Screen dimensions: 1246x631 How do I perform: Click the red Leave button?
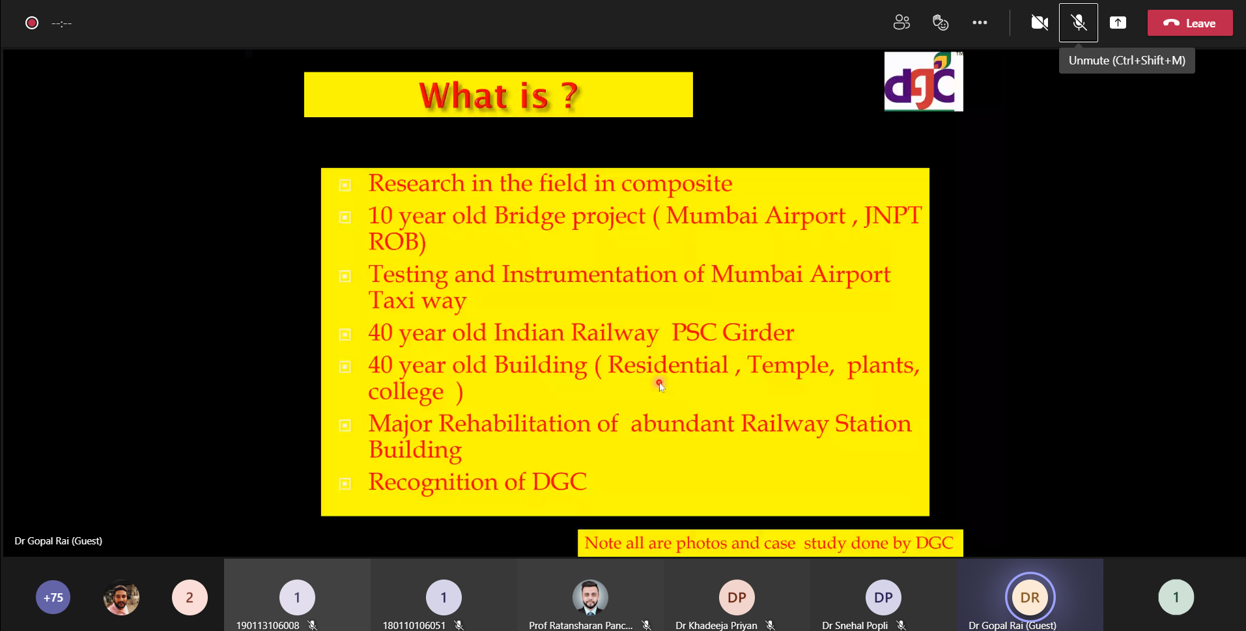point(1189,23)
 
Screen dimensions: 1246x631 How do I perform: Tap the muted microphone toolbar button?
point(1079,23)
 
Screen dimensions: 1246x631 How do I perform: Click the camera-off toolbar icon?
point(1040,23)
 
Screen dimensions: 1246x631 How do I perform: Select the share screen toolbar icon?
point(1118,23)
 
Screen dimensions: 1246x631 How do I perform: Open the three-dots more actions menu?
point(980,23)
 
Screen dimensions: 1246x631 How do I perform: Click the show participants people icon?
point(901,23)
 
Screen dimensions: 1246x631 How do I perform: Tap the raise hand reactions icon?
point(941,23)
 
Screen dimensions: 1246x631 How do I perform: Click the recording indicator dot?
point(32,23)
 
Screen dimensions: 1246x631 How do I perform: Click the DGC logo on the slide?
point(924,81)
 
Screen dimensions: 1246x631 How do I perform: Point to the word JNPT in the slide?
point(892,216)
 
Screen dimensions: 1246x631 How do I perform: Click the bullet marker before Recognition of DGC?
point(345,484)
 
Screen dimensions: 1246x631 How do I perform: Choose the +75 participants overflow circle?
point(53,597)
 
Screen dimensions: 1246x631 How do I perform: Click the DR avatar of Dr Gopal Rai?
point(1030,597)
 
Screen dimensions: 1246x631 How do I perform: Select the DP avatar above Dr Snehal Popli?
point(883,597)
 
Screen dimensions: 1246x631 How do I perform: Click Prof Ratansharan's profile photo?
point(590,597)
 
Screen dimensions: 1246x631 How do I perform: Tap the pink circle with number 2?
point(190,597)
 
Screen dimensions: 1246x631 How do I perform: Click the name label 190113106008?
point(268,625)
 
